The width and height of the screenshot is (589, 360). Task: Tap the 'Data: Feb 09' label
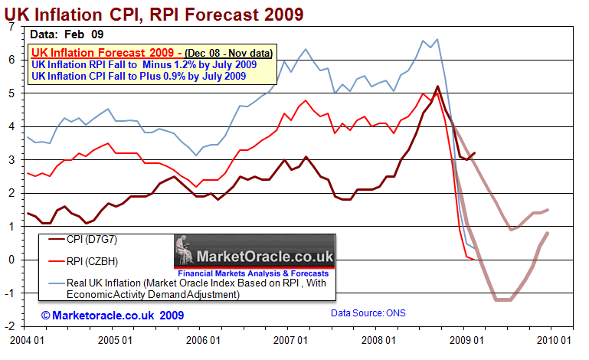click(x=67, y=34)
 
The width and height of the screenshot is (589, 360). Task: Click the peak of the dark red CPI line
click(x=437, y=87)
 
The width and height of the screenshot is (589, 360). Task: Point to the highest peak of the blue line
click(x=437, y=39)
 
